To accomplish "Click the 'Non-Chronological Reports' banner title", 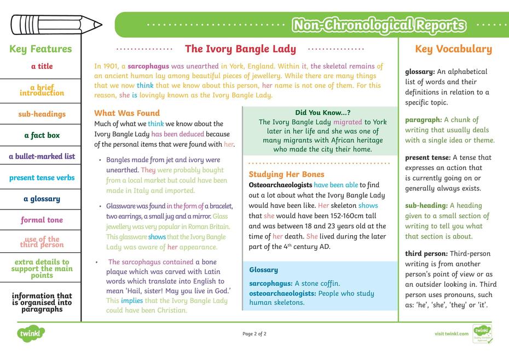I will tap(379, 25).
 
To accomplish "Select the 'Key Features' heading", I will tap(41, 49).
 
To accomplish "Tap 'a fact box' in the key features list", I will tap(42, 135).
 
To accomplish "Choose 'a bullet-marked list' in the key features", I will tap(42, 156).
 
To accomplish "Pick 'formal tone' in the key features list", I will tap(42, 220).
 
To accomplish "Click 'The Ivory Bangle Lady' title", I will tap(240, 49).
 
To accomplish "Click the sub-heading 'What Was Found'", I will tap(127, 113).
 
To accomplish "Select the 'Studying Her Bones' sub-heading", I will tap(286, 175).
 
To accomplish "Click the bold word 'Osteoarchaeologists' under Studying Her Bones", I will tap(280, 185).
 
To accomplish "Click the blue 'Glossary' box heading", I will tap(263, 270).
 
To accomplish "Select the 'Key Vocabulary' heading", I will tap(453, 49).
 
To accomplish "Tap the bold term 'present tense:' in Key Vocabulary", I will tap(427, 158).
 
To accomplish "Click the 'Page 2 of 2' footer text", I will tap(254, 334).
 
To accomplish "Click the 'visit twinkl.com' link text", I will tap(452, 334).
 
